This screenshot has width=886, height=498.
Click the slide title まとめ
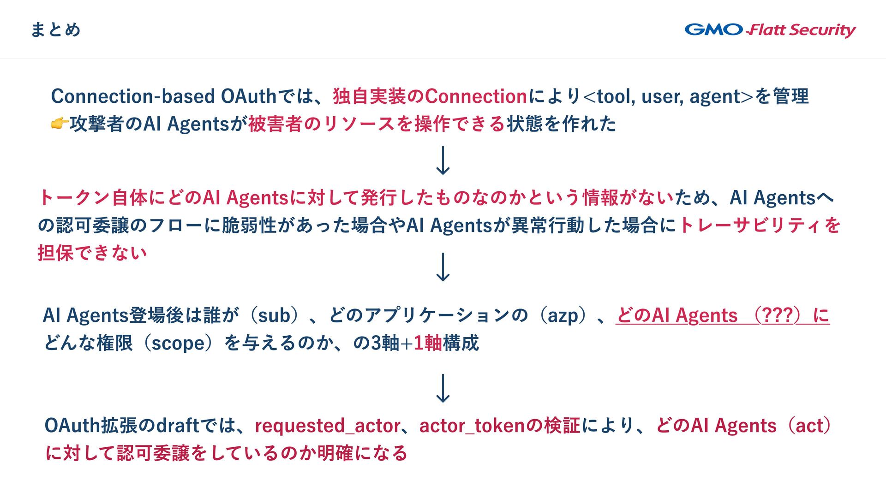(55, 30)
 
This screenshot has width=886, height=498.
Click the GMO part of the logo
(713, 30)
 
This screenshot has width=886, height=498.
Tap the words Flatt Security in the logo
(802, 30)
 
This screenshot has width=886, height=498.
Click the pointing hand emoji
(59, 124)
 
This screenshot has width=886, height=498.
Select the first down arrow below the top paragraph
(443, 160)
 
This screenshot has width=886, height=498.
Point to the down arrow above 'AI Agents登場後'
(443, 267)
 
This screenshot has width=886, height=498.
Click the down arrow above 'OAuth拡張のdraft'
(443, 388)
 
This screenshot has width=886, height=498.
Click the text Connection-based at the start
(133, 96)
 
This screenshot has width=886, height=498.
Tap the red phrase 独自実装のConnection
(430, 96)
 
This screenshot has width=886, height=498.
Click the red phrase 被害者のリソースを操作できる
(377, 124)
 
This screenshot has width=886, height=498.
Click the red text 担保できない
(92, 253)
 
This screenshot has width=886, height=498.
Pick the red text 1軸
(428, 343)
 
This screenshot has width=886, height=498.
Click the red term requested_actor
(328, 426)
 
